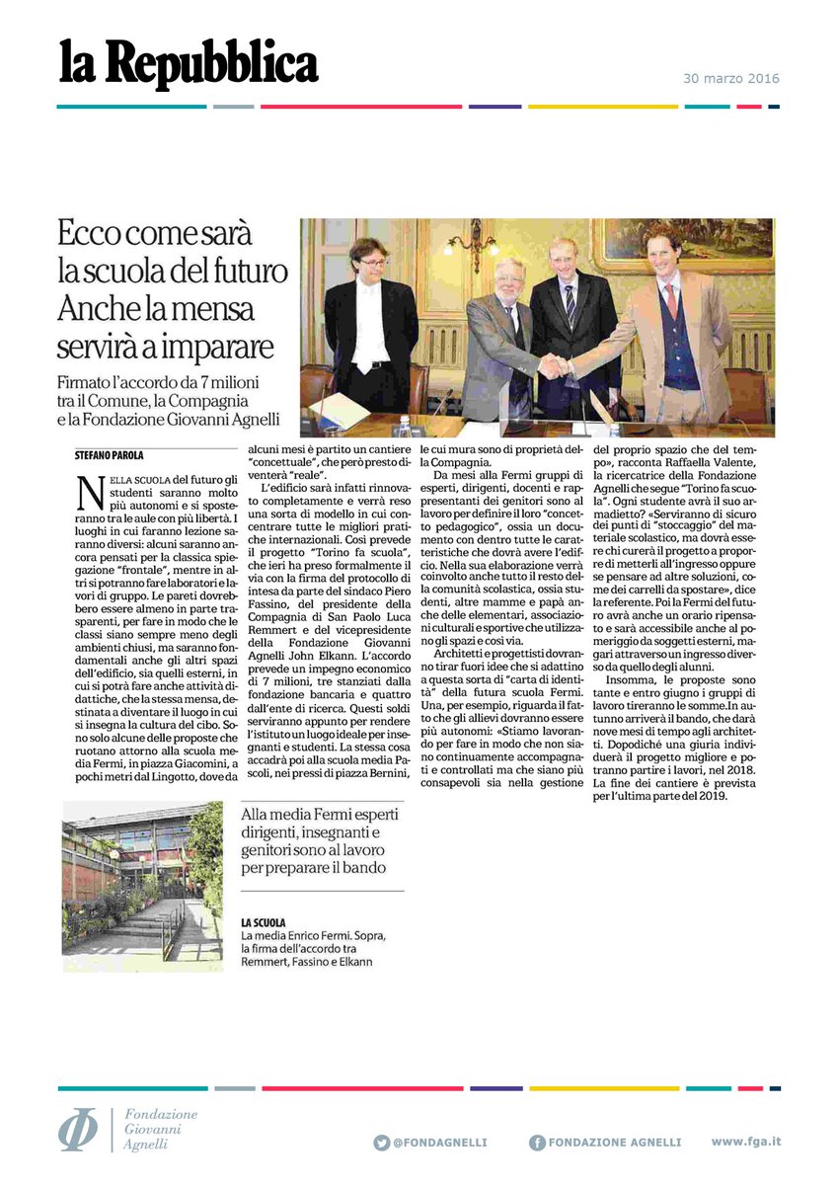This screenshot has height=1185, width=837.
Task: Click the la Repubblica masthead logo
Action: pos(188,65)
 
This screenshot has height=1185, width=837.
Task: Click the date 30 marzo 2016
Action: pos(731,79)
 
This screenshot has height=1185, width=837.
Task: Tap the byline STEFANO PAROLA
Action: pos(111,454)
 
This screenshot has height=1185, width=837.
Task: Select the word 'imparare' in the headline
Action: pos(208,349)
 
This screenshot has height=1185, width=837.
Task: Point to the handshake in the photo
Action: pos(554,366)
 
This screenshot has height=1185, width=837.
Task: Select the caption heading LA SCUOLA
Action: pos(263,921)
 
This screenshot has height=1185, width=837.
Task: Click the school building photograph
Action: pos(142,886)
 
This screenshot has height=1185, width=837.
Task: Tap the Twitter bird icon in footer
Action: pos(381,1143)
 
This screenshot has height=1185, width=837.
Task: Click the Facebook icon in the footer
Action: pos(536,1143)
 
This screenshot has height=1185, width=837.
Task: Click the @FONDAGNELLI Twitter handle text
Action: pos(439,1143)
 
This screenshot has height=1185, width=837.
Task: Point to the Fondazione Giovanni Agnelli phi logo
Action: pos(78,1130)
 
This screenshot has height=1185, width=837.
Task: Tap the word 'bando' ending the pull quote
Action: pos(366,868)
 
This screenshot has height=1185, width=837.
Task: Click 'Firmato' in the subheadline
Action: pos(87,382)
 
